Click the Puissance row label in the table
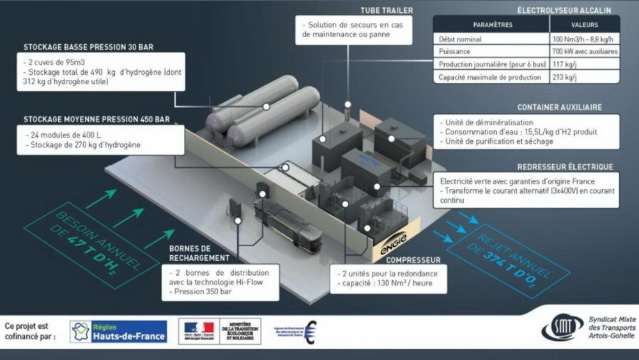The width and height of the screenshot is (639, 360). click(454, 51)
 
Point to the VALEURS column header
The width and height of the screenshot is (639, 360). click(584, 25)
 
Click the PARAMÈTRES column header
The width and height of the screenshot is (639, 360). click(492, 25)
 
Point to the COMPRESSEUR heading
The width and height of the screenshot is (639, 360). click(413, 260)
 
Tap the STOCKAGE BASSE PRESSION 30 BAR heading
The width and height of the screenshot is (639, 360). click(88, 47)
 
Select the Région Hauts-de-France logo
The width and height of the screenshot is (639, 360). click(118, 331)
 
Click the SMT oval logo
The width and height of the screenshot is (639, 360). click(562, 328)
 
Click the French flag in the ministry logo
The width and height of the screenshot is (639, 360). click(199, 328)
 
